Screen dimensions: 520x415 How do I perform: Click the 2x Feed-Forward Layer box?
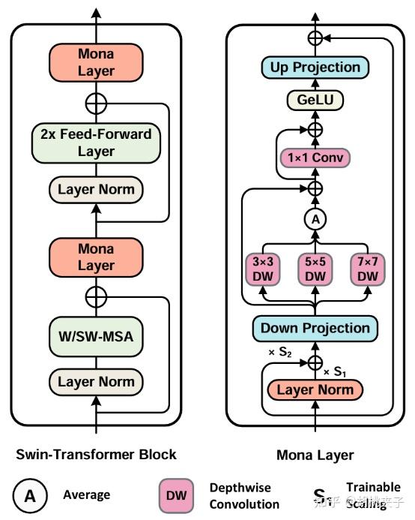pos(96,143)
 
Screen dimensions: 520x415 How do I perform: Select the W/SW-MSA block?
pos(96,336)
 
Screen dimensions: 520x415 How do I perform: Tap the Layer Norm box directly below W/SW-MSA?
pos(96,382)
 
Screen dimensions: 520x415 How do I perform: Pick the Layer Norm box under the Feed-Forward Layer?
pos(96,189)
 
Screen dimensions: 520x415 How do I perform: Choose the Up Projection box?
pos(315,68)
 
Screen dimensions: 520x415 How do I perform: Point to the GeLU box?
pos(315,100)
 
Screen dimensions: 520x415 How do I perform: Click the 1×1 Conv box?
pos(315,158)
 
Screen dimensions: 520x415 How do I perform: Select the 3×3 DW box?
pos(262,269)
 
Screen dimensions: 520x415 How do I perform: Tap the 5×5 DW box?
pos(315,269)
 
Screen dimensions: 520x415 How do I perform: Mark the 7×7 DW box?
pos(367,269)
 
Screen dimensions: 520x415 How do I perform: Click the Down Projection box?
pos(315,328)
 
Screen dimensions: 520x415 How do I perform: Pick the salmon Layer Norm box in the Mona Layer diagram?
pos(315,389)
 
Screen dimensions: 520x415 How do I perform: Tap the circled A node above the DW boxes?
pos(315,219)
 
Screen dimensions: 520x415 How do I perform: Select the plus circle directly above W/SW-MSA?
pos(96,297)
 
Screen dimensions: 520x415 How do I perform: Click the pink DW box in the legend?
pos(178,494)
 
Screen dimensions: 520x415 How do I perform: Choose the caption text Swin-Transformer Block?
pos(96,455)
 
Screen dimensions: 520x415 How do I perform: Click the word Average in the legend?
pos(87,494)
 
